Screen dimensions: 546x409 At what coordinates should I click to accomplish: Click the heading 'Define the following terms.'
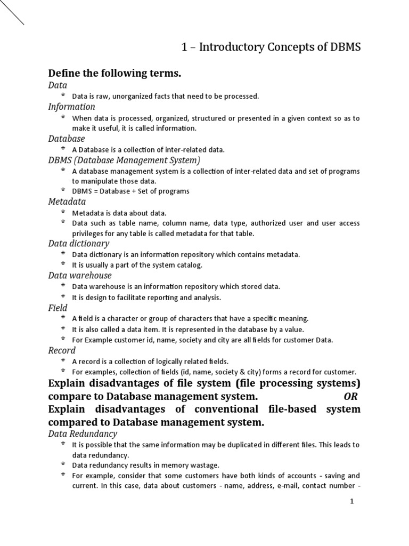point(115,74)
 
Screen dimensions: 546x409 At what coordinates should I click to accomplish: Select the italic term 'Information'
point(71,107)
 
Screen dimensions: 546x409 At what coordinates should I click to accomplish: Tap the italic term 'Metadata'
point(67,202)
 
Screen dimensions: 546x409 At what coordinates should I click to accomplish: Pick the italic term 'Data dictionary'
point(78,244)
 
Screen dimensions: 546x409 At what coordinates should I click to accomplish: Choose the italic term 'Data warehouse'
point(80,276)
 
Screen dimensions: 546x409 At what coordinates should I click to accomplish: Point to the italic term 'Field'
point(58,308)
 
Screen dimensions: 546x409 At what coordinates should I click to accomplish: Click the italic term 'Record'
point(62,350)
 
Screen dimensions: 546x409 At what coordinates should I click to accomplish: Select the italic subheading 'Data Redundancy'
point(83,434)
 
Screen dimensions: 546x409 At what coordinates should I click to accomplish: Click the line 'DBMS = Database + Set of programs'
point(130,191)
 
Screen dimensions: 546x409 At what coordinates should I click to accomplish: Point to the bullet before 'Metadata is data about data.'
point(63,212)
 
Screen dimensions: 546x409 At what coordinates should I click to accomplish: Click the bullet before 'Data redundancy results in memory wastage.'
point(63,464)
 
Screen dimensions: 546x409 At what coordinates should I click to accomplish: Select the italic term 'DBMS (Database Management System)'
point(124,160)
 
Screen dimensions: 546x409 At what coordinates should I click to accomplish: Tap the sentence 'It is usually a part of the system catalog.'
point(137,265)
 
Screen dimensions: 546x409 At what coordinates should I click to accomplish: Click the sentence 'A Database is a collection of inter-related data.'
point(148,150)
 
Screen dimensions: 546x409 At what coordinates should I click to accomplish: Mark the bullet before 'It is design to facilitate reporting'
point(63,296)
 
